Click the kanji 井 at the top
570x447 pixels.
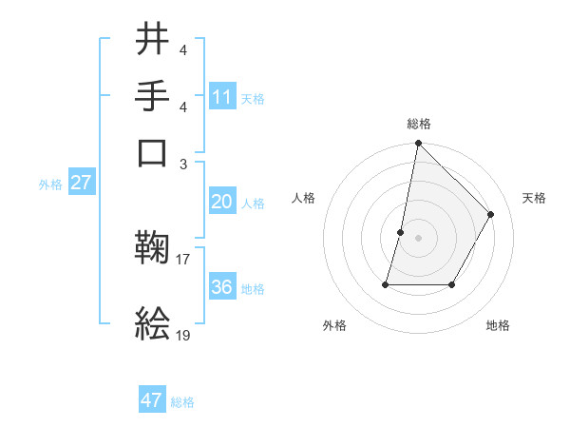point(153,39)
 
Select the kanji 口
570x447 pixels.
point(153,152)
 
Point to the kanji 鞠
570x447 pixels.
point(153,249)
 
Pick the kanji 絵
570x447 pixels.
point(153,323)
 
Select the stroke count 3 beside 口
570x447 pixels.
point(183,164)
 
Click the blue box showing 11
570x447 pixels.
point(222,97)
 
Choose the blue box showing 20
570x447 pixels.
point(222,202)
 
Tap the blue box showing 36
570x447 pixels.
point(222,287)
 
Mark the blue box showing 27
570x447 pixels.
point(81,183)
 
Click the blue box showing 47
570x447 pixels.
point(152,400)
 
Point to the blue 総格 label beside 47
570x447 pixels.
point(182,402)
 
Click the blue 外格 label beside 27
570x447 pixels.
point(50,185)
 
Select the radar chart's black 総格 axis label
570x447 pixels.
point(419,124)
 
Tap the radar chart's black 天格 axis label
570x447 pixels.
point(535,198)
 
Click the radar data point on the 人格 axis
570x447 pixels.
point(401,231)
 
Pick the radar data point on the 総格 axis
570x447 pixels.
point(418,145)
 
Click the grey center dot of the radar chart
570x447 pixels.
point(418,237)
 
